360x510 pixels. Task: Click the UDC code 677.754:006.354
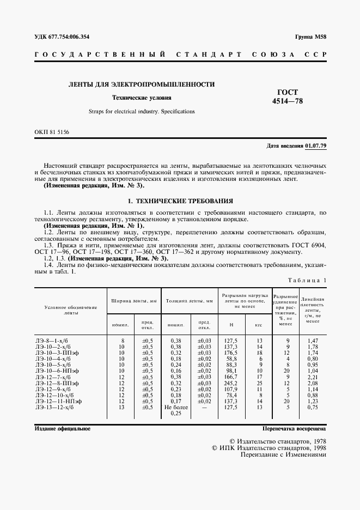click(62, 37)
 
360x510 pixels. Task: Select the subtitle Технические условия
click(142, 98)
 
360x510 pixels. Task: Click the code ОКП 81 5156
click(52, 132)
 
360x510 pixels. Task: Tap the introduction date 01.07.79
click(316, 147)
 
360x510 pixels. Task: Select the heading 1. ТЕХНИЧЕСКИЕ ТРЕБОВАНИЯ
click(180, 201)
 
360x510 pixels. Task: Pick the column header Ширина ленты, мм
click(134, 300)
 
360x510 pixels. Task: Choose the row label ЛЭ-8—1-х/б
click(49, 340)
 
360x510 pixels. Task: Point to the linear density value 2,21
click(312, 377)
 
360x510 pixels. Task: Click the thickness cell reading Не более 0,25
click(175, 410)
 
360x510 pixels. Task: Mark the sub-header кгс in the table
click(259, 325)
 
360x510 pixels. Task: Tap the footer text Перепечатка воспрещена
click(294, 429)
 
